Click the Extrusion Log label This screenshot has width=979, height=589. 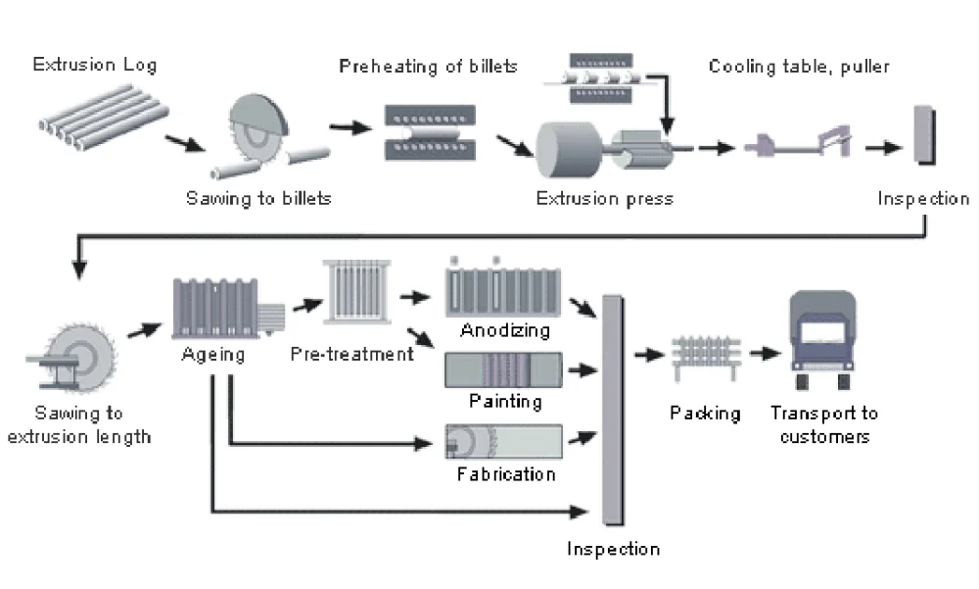click(x=94, y=66)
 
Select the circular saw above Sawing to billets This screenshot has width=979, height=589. click(x=256, y=132)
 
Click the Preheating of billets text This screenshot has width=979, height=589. click(x=428, y=67)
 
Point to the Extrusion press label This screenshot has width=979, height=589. click(x=604, y=198)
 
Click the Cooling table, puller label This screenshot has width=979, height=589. click(x=799, y=67)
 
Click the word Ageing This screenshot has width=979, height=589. click(x=212, y=354)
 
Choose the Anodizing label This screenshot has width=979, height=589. click(x=505, y=330)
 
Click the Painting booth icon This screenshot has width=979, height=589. click(x=503, y=371)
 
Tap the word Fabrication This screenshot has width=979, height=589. click(x=505, y=474)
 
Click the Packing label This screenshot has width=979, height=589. click(x=705, y=413)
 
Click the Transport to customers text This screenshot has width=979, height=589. click(x=823, y=424)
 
